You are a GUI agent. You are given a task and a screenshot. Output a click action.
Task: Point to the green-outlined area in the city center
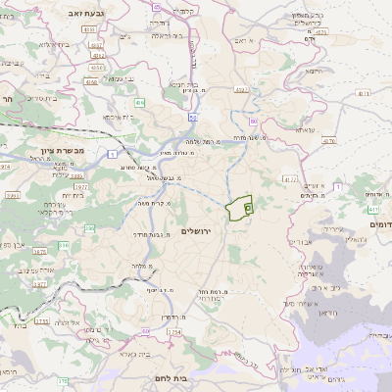[239, 209]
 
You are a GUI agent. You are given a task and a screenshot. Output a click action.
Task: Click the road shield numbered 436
[139, 102]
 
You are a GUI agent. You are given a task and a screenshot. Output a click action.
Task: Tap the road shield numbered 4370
[327, 141]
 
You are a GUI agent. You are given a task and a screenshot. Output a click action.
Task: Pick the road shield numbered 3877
[39, 284]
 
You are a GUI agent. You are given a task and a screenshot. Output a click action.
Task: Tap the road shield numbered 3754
[174, 333]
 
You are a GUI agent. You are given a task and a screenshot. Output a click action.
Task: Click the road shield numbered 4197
[240, 90]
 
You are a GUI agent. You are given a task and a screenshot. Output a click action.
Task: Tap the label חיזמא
[314, 71]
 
